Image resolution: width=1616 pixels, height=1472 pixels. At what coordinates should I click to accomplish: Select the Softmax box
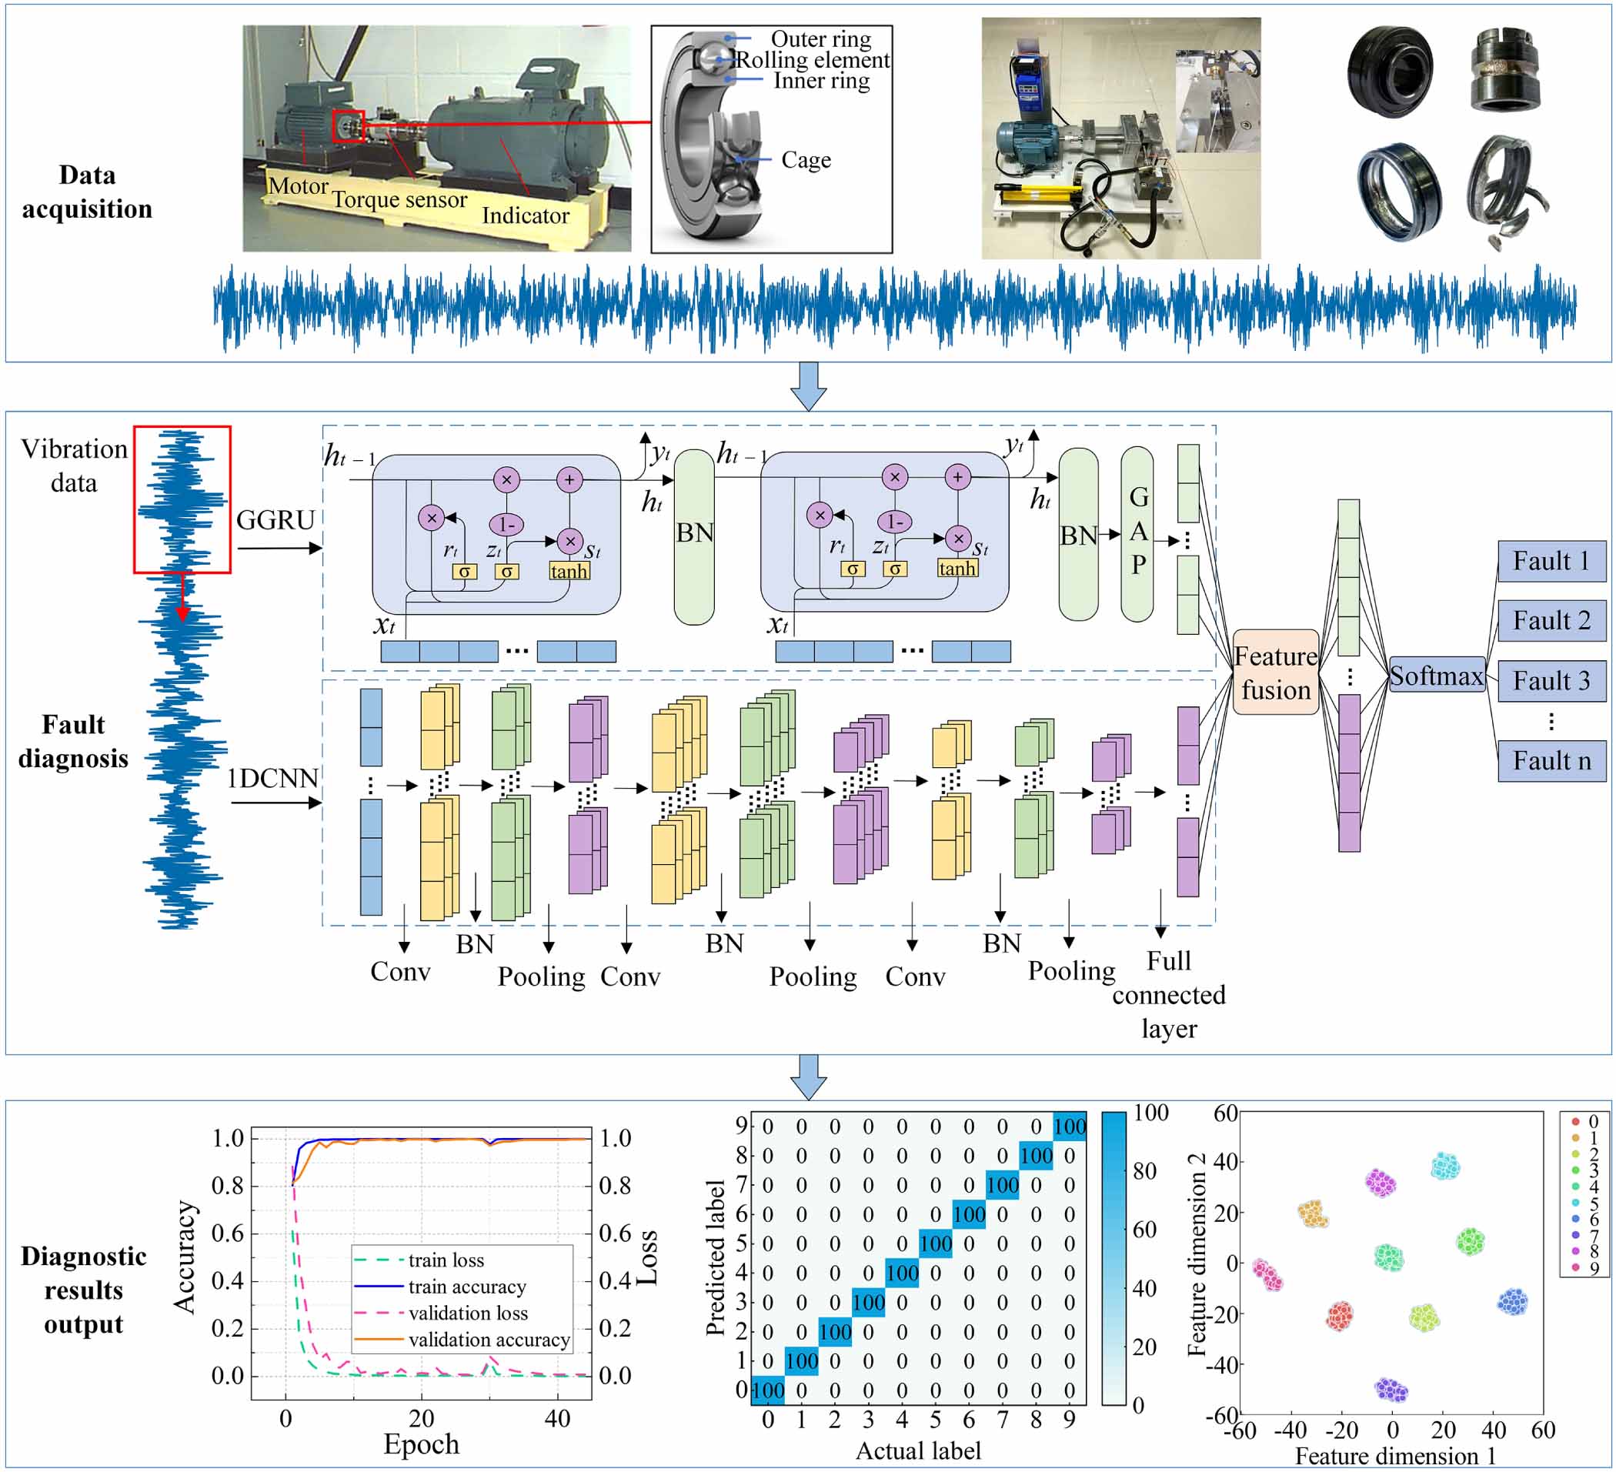pyautogui.click(x=1436, y=675)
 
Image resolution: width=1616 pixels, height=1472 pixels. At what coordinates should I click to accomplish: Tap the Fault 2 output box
pyautogui.click(x=1551, y=619)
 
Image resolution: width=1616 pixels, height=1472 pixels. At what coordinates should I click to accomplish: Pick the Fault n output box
pyautogui.click(x=1551, y=760)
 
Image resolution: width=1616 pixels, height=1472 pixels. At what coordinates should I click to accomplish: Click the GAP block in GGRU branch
pyautogui.click(x=1137, y=533)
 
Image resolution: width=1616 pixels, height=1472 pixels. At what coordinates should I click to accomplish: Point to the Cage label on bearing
pyautogui.click(x=806, y=160)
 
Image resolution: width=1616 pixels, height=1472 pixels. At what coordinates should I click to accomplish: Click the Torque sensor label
pyautogui.click(x=399, y=199)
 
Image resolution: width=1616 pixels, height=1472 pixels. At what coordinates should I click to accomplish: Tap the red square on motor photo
pyautogui.click(x=349, y=126)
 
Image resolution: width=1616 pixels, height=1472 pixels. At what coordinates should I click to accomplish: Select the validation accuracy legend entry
pyautogui.click(x=489, y=1340)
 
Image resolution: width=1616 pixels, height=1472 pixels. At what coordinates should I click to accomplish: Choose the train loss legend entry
pyautogui.click(x=446, y=1260)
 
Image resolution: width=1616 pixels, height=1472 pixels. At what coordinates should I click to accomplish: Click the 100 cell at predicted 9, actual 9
pyautogui.click(x=1070, y=1127)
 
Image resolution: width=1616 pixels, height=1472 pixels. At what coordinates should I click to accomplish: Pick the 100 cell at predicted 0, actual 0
pyautogui.click(x=768, y=1390)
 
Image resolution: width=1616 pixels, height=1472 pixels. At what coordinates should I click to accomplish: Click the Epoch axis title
pyautogui.click(x=421, y=1445)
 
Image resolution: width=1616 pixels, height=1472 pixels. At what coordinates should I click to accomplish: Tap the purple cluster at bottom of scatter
pyautogui.click(x=1391, y=1390)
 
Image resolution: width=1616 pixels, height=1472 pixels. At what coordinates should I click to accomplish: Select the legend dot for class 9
pyautogui.click(x=1575, y=1267)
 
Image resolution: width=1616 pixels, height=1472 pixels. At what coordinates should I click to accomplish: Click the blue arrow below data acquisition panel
pyautogui.click(x=808, y=386)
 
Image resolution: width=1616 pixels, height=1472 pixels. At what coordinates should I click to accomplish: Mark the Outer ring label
pyautogui.click(x=820, y=38)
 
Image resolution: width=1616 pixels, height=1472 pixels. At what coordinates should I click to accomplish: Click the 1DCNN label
pyautogui.click(x=272, y=779)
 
